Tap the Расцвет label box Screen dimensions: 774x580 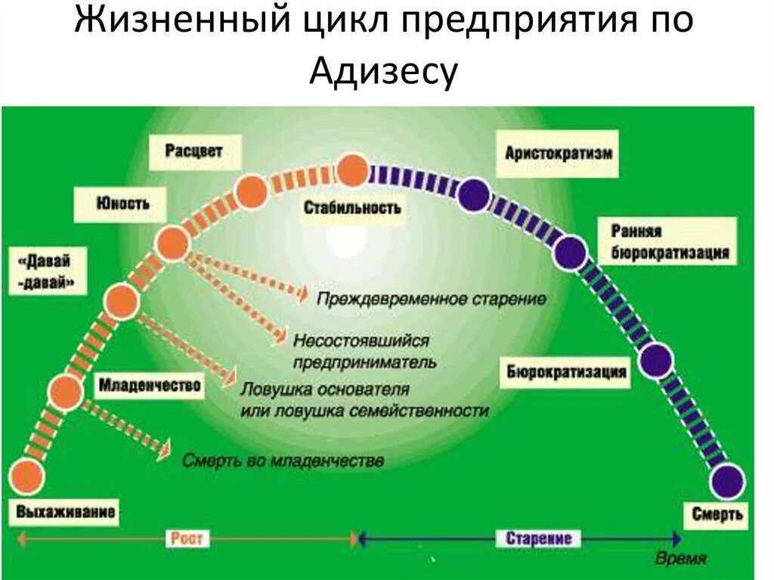[193, 151]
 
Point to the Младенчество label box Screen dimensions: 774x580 [150, 386]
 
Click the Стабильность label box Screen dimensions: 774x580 [353, 206]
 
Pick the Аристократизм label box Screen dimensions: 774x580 [559, 153]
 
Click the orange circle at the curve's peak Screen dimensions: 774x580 [352, 171]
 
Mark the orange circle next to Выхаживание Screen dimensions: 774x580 [26, 477]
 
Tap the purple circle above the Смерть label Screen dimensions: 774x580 [727, 482]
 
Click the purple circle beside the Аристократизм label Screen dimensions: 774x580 [474, 195]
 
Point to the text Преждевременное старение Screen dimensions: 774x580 [431, 299]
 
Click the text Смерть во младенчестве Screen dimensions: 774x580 [283, 460]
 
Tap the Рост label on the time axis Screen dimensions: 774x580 [185, 538]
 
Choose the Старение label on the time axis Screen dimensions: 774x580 [539, 538]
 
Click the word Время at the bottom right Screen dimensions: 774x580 [680, 560]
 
